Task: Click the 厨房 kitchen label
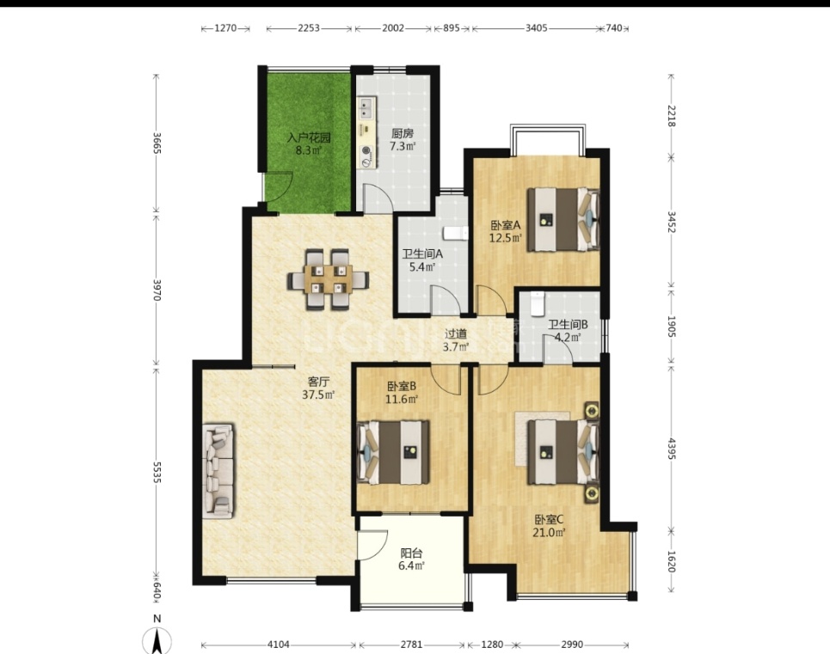[403, 133]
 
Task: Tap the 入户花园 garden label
[309, 138]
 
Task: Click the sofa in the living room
[218, 471]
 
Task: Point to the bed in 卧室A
[563, 219]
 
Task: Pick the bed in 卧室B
[393, 452]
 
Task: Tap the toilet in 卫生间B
[538, 303]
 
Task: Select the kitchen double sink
[366, 109]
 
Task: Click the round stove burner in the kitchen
[366, 151]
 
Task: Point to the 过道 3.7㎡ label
[456, 340]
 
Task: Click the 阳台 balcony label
[411, 553]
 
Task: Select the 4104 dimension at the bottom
[279, 645]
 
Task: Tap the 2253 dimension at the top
[309, 28]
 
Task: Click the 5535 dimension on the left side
[157, 472]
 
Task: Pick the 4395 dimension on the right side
[672, 449]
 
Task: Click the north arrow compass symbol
[157, 639]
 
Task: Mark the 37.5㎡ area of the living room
[318, 395]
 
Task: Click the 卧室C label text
[549, 520]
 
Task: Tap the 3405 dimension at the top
[536, 28]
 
